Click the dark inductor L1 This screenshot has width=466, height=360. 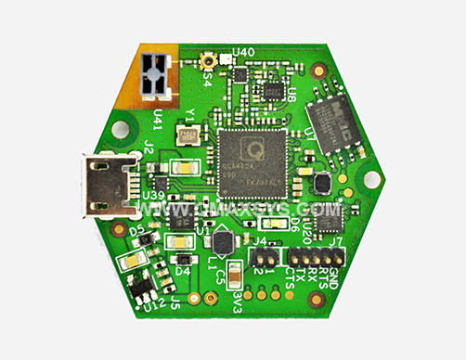pyautogui.click(x=223, y=243)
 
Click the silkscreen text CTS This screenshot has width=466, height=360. pyautogui.click(x=291, y=277)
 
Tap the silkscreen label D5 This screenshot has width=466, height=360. pyautogui.click(x=136, y=226)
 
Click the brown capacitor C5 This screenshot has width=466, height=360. pyautogui.click(x=235, y=272)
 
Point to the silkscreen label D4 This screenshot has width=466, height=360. pyautogui.click(x=183, y=271)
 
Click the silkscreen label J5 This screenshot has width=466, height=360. pyautogui.click(x=175, y=300)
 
